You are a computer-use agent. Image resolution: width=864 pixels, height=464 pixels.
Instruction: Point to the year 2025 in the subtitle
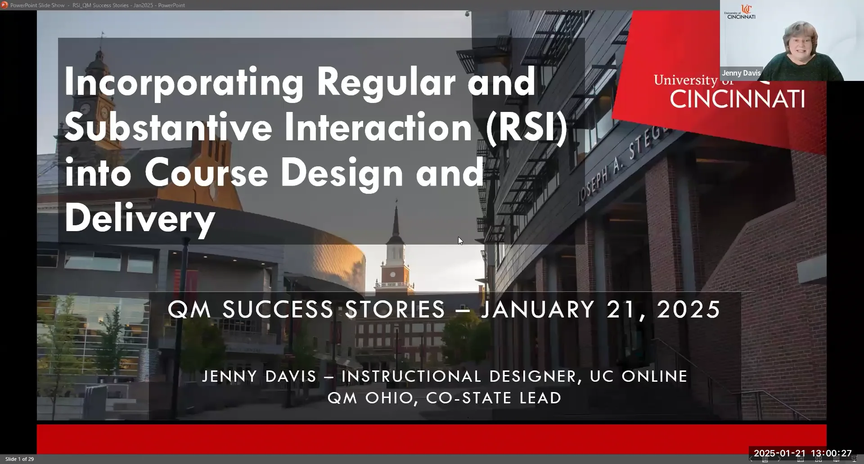tap(688, 309)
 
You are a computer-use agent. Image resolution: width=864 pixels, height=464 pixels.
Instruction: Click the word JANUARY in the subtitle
tap(538, 309)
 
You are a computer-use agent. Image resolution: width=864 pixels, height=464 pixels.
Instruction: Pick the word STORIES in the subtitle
tap(395, 309)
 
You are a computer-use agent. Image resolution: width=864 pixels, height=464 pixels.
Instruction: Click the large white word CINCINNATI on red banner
tap(737, 99)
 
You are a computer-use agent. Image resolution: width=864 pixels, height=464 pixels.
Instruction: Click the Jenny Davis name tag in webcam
tap(741, 73)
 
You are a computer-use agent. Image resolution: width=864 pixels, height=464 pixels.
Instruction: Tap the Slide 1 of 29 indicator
tap(19, 459)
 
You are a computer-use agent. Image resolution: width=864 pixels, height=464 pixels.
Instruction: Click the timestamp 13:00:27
tap(832, 453)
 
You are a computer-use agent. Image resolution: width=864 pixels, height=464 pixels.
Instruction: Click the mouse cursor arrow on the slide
tap(460, 241)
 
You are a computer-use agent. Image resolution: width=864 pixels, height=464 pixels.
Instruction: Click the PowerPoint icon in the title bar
tap(4, 5)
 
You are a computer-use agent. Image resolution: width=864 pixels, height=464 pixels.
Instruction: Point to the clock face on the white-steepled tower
tap(392, 274)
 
